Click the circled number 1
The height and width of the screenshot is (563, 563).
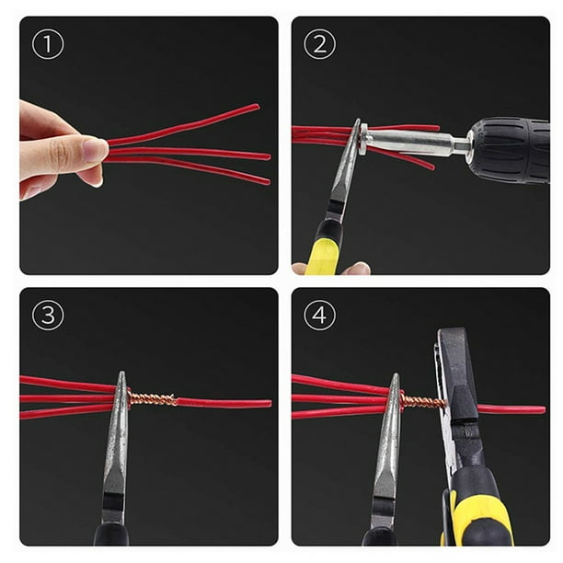[x=48, y=44]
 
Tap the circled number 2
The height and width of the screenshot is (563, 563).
[x=319, y=44]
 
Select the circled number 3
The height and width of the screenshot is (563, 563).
[x=48, y=316]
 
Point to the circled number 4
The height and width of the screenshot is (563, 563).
[x=319, y=316]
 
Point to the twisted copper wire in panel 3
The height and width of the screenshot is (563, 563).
[x=153, y=399]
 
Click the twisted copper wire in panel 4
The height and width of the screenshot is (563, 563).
[x=422, y=401]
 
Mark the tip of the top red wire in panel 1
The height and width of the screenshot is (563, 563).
[x=257, y=107]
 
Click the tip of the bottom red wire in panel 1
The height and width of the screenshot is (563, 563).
[x=268, y=181]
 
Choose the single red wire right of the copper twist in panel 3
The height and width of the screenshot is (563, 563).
[x=224, y=403]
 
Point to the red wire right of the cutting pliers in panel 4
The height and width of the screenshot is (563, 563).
[x=511, y=409]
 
